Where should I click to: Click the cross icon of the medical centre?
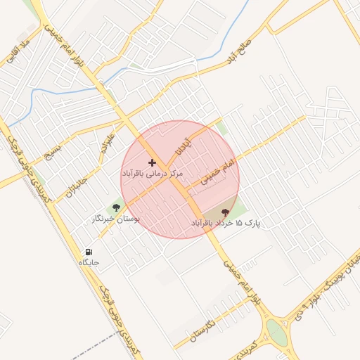coord(152,162)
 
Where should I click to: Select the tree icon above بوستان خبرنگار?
coord(116,207)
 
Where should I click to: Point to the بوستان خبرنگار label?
coord(116,219)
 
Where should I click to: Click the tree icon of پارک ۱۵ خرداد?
coord(225,212)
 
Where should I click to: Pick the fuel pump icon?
coord(89,252)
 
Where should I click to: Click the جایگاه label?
coord(89,262)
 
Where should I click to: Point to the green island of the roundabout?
coord(277,333)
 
